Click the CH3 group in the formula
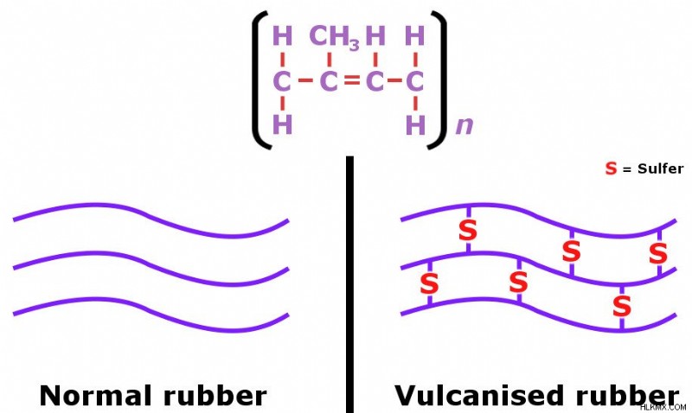click(x=335, y=37)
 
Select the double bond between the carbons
click(x=352, y=80)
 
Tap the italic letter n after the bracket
click(x=465, y=125)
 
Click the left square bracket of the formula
click(x=260, y=80)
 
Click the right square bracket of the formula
click(x=439, y=80)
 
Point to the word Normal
click(x=98, y=396)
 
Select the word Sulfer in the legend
click(x=660, y=168)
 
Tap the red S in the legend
click(x=612, y=168)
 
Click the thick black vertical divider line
click(x=349, y=284)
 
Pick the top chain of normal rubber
click(x=151, y=220)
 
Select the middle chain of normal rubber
click(x=151, y=269)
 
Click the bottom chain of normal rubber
click(x=151, y=315)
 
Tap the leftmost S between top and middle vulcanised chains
click(x=468, y=230)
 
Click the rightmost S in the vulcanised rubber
click(x=658, y=254)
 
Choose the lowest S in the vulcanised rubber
click(x=621, y=307)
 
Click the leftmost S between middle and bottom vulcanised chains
click(x=429, y=283)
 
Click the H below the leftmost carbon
click(x=283, y=124)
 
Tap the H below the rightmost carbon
click(x=415, y=124)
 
